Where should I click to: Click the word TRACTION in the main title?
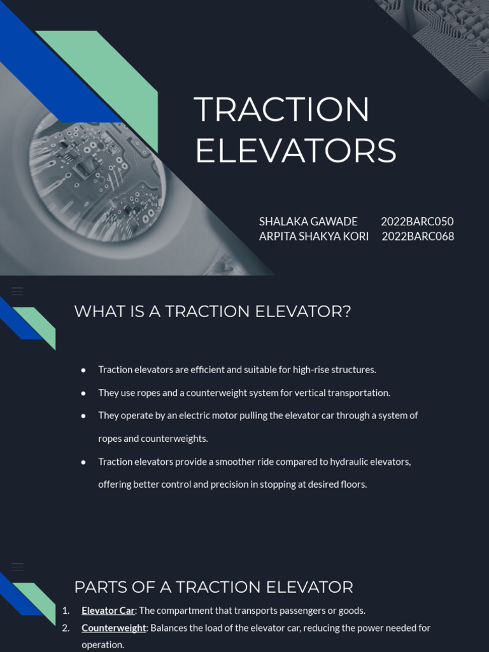281,110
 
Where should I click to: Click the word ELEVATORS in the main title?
295,152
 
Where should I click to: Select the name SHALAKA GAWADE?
308,222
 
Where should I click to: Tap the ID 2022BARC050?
417,222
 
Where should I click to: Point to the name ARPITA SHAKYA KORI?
314,236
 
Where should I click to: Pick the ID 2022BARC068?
418,236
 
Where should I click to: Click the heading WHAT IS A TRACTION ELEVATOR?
213,311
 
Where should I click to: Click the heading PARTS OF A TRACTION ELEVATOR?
213,586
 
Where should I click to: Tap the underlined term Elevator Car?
108,611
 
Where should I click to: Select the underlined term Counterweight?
114,628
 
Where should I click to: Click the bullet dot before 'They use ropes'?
83,393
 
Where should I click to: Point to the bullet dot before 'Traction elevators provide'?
83,462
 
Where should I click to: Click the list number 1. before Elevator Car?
66,611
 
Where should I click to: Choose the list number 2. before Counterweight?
66,628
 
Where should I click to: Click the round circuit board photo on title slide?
96,175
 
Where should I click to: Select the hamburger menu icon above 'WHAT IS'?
17,291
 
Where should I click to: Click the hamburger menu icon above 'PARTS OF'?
17,566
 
